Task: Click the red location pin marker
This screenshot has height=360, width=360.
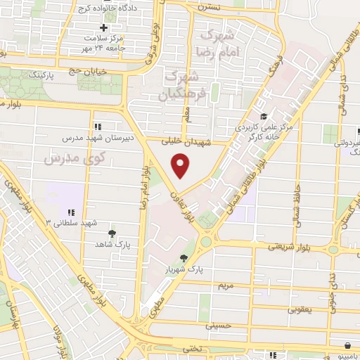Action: point(181,166)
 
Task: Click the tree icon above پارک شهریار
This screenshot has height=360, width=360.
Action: point(184,259)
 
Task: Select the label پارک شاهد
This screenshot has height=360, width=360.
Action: point(113,243)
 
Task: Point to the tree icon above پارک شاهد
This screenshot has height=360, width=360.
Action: point(112,233)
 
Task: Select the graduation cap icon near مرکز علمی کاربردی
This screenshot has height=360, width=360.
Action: point(263,117)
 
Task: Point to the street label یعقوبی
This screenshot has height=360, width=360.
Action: point(304,309)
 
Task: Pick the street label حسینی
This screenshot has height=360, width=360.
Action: point(218,326)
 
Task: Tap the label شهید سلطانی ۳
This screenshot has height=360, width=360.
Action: point(68,222)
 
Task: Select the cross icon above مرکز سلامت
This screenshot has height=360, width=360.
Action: point(103,27)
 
